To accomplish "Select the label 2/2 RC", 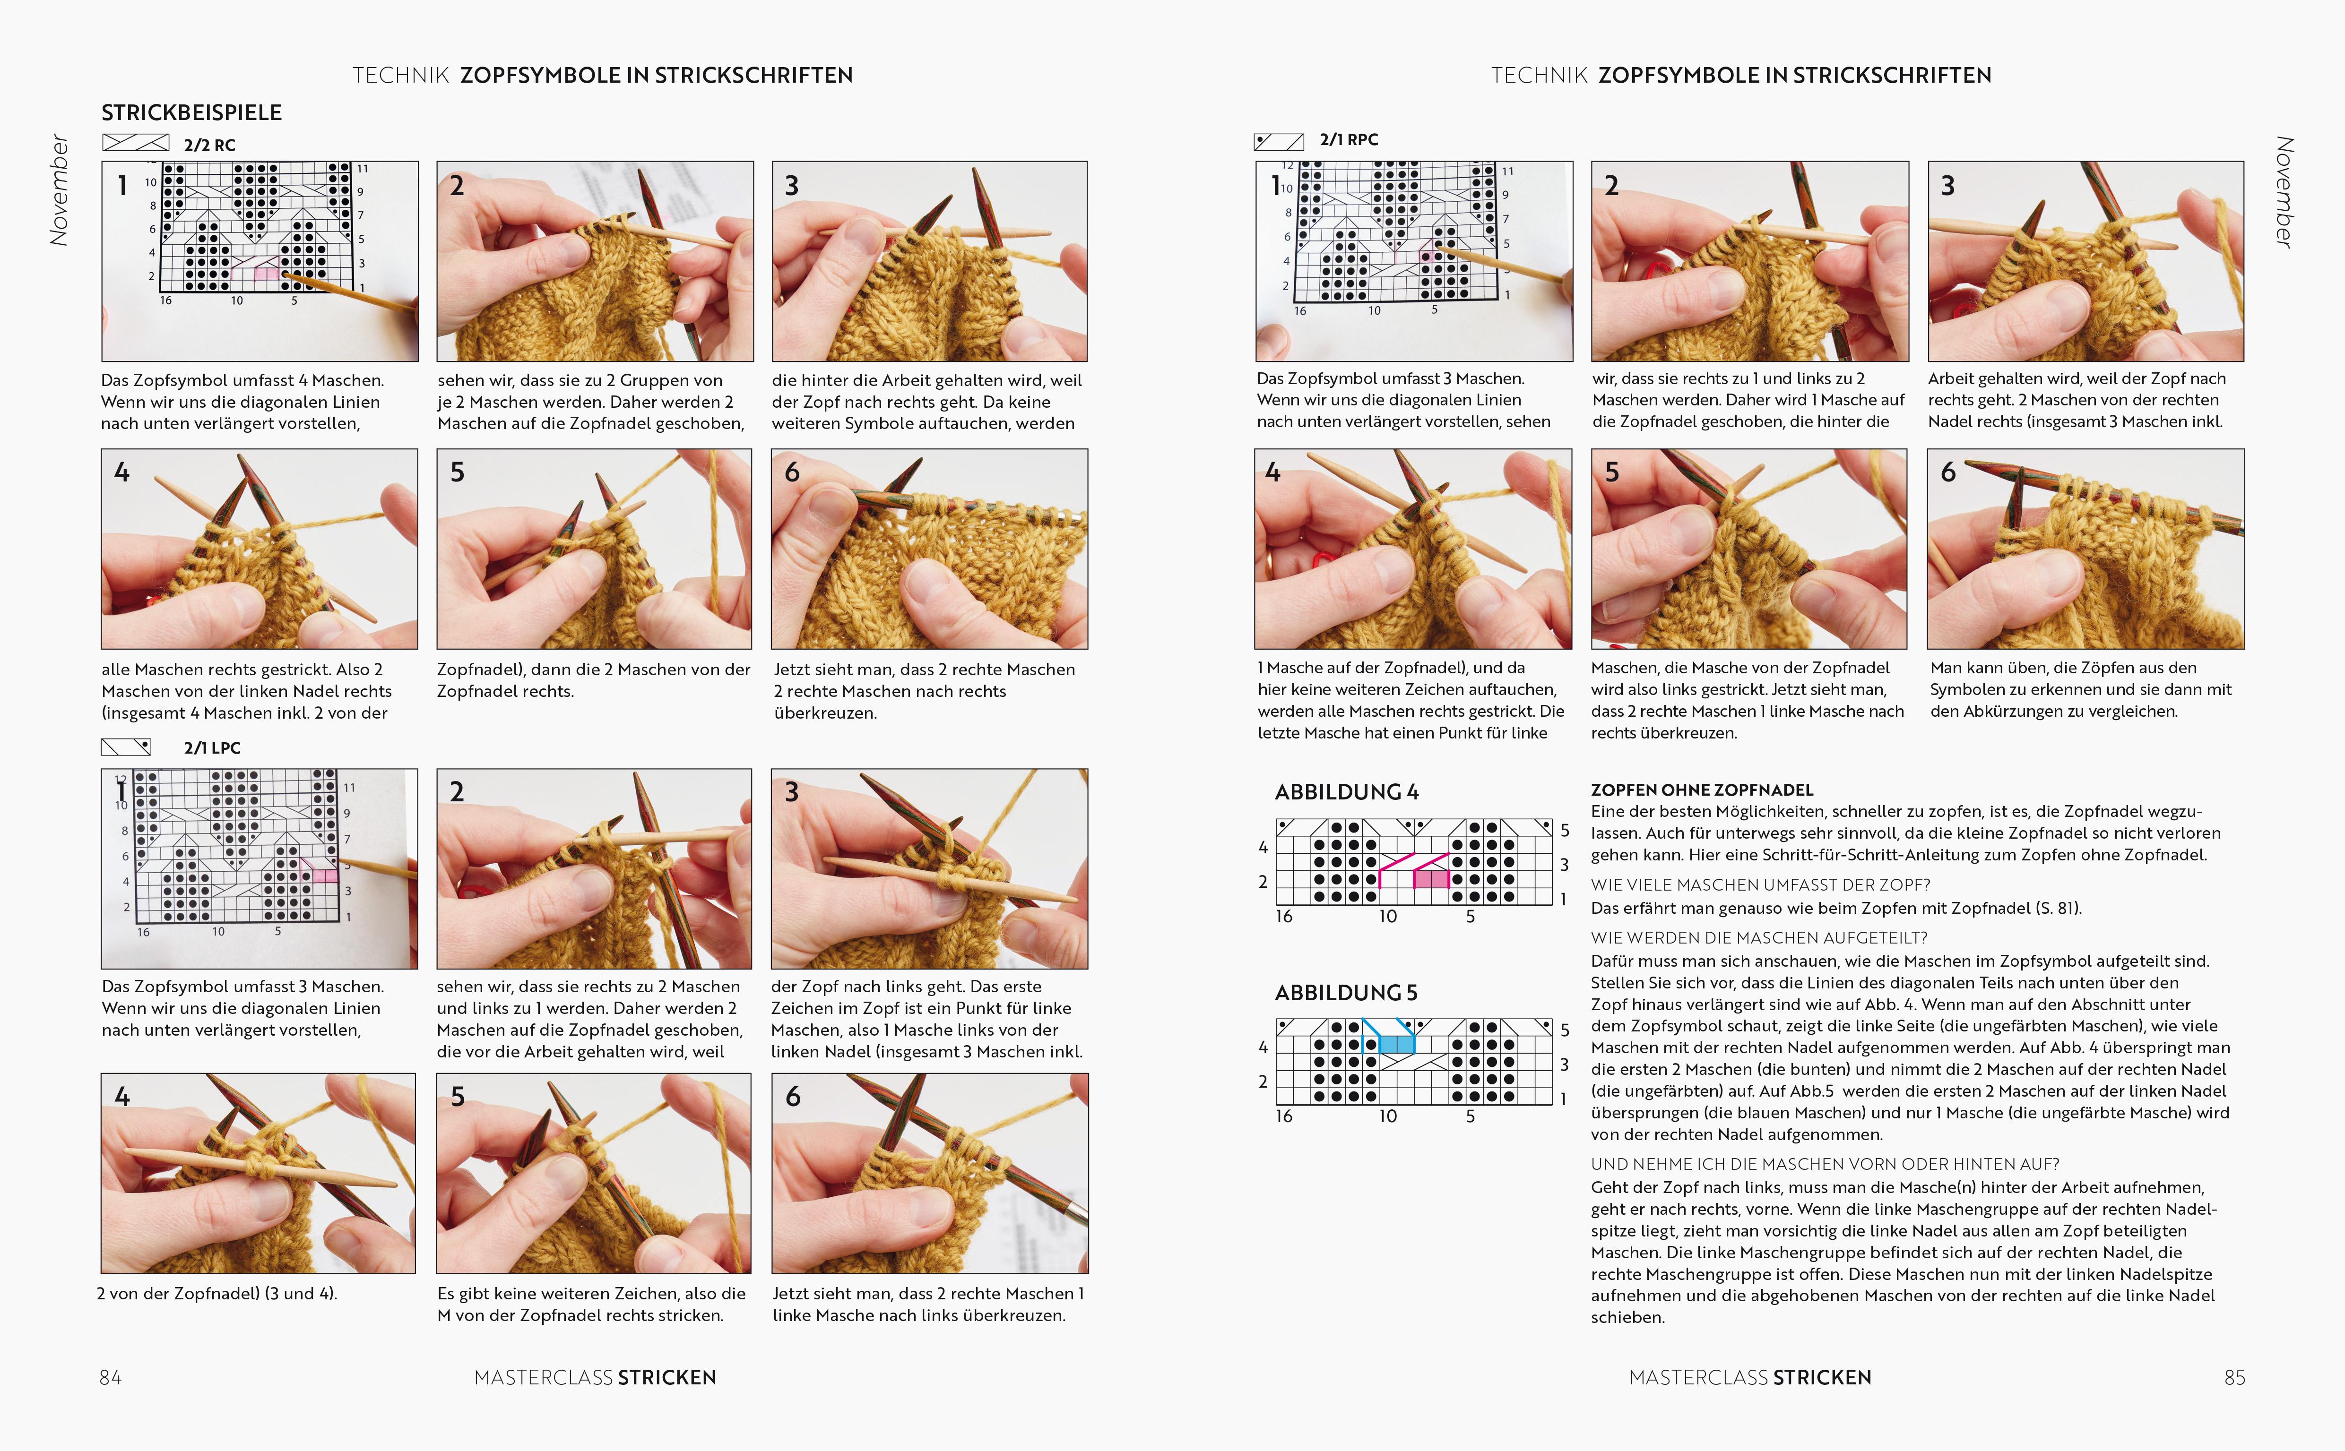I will (209, 145).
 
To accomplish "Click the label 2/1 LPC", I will (212, 747).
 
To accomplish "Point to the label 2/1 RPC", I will (1349, 139).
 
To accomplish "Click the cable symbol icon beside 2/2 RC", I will (135, 143).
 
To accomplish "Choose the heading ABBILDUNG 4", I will (1346, 792).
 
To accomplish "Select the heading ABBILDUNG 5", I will (1346, 992).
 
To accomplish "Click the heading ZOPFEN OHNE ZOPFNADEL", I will (1702, 790).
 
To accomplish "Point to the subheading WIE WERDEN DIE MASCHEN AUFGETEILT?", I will (1758, 937).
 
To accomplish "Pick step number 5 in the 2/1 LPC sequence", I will (458, 1097).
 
